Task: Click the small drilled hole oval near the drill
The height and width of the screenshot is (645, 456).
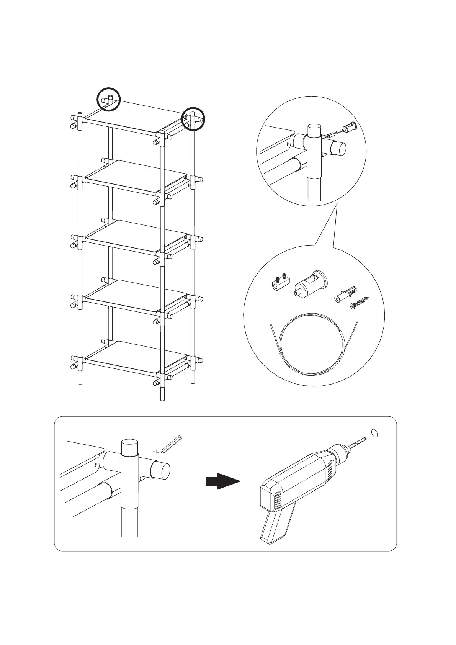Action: [x=375, y=433]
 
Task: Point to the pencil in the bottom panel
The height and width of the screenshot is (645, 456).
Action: [x=170, y=444]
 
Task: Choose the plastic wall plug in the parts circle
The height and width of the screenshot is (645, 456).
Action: [x=347, y=293]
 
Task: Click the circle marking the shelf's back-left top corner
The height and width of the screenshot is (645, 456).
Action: [x=108, y=99]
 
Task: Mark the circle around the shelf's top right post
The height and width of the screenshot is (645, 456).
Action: [x=193, y=118]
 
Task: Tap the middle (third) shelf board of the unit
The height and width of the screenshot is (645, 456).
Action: [x=134, y=236]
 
